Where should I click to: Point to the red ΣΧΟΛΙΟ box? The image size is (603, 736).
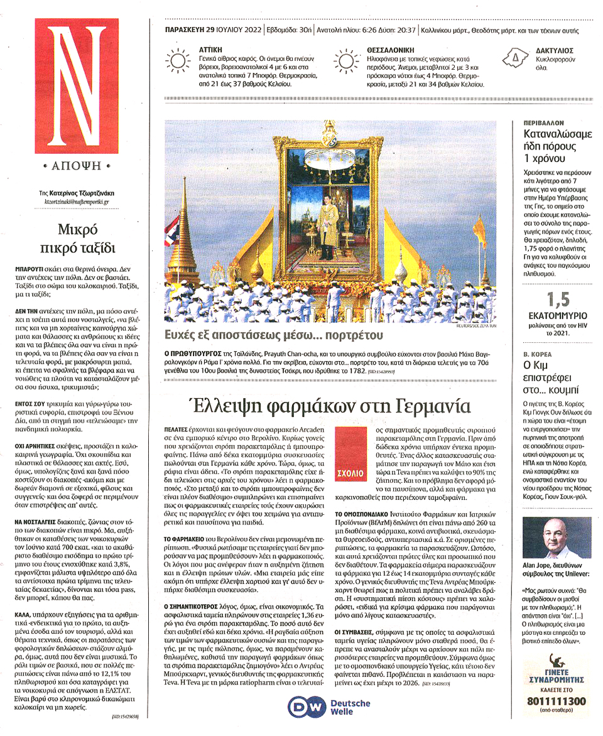(x=349, y=452)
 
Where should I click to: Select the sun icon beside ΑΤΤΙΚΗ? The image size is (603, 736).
(x=178, y=60)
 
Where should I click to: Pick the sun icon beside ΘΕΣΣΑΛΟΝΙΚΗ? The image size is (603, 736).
(x=346, y=60)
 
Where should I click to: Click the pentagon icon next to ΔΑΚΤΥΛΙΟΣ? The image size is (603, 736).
(x=515, y=58)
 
